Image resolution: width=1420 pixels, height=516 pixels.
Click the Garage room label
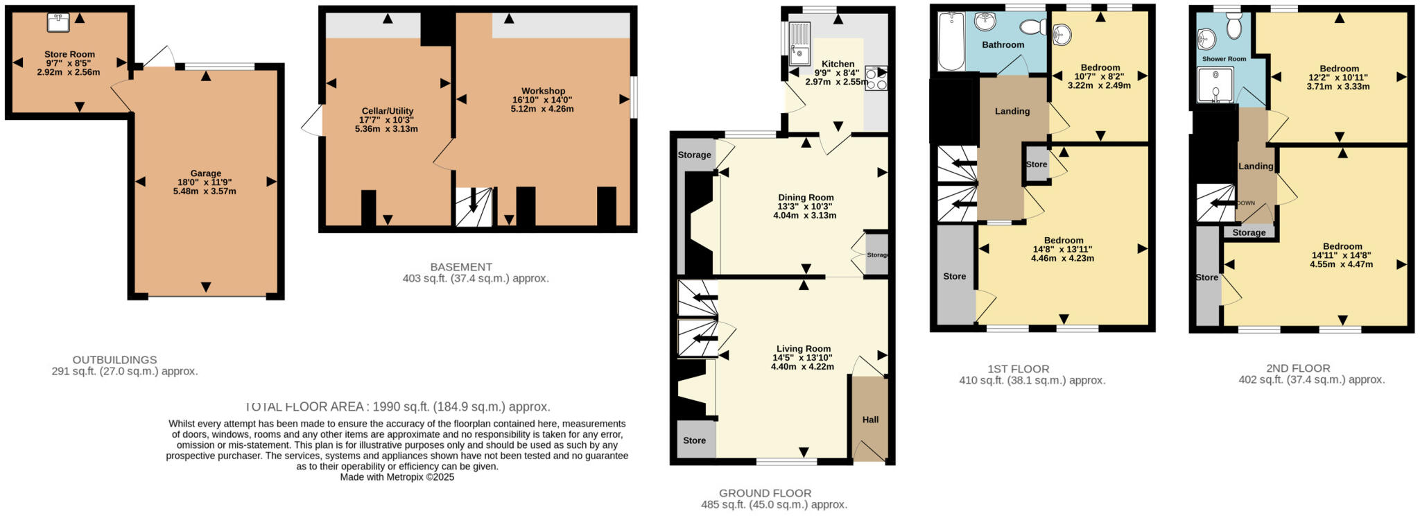[x=206, y=173]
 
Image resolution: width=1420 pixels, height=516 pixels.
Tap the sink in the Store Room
[x=58, y=23]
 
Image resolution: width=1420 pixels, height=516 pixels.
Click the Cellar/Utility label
[x=388, y=111]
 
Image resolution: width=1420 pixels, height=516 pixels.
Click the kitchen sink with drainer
[x=799, y=41]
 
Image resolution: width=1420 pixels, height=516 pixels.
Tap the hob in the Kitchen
[x=876, y=78]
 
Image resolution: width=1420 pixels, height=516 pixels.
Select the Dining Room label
[x=805, y=197]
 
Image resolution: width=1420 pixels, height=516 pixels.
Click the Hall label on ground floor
[x=870, y=420]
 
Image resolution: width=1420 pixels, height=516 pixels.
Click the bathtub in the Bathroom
[x=951, y=41]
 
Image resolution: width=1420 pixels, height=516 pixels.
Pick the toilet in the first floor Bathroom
[x=1034, y=27]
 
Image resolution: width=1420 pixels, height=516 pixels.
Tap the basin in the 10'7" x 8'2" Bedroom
[x=1062, y=33]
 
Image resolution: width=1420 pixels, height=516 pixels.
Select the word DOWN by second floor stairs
[x=1245, y=203]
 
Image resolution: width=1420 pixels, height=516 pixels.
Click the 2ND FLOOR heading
[x=1298, y=368]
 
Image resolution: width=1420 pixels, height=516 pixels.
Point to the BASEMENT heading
[x=461, y=267]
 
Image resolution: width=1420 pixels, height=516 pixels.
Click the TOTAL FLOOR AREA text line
[x=397, y=407]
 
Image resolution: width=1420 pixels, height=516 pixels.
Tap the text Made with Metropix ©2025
[x=397, y=477]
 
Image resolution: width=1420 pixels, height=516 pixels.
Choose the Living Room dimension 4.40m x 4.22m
[x=802, y=367]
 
